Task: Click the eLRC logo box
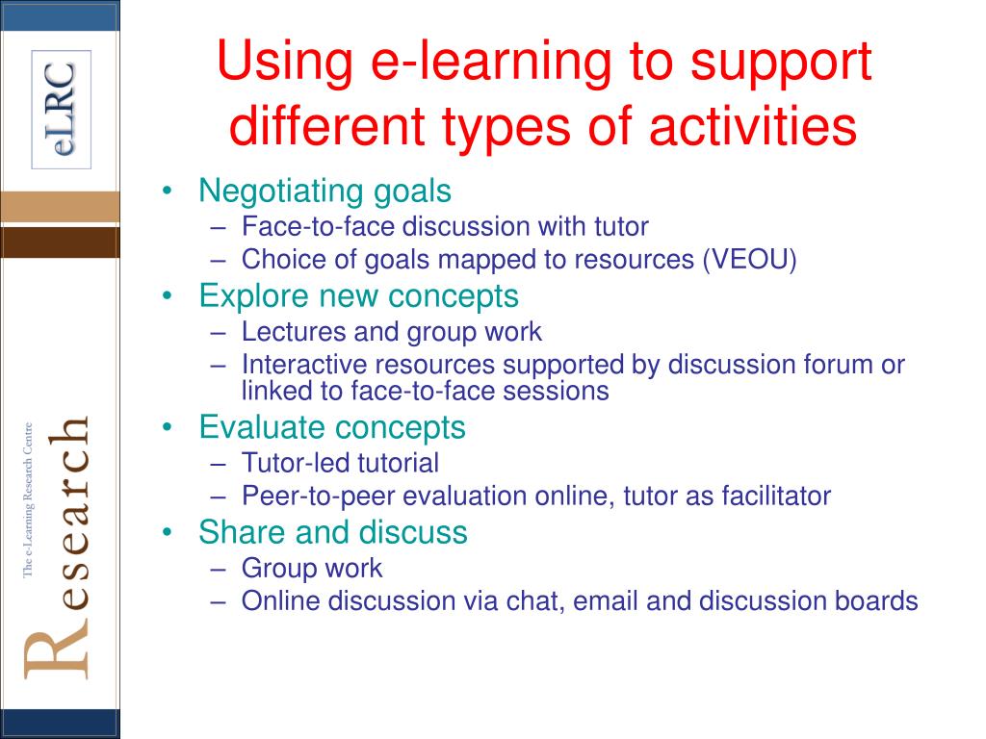point(62,110)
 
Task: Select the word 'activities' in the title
point(753,126)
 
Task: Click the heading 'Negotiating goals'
point(325,191)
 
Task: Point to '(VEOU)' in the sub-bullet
point(750,260)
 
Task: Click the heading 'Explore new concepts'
point(358,296)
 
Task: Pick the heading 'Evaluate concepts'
point(332,428)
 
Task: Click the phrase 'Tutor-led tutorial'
point(340,463)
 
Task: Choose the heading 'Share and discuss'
point(333,532)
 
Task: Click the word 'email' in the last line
point(605,600)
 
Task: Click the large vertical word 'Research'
point(57,547)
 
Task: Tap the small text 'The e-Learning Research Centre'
point(28,500)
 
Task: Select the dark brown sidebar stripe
point(60,242)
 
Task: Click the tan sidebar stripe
point(60,207)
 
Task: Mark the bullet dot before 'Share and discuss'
point(167,533)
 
